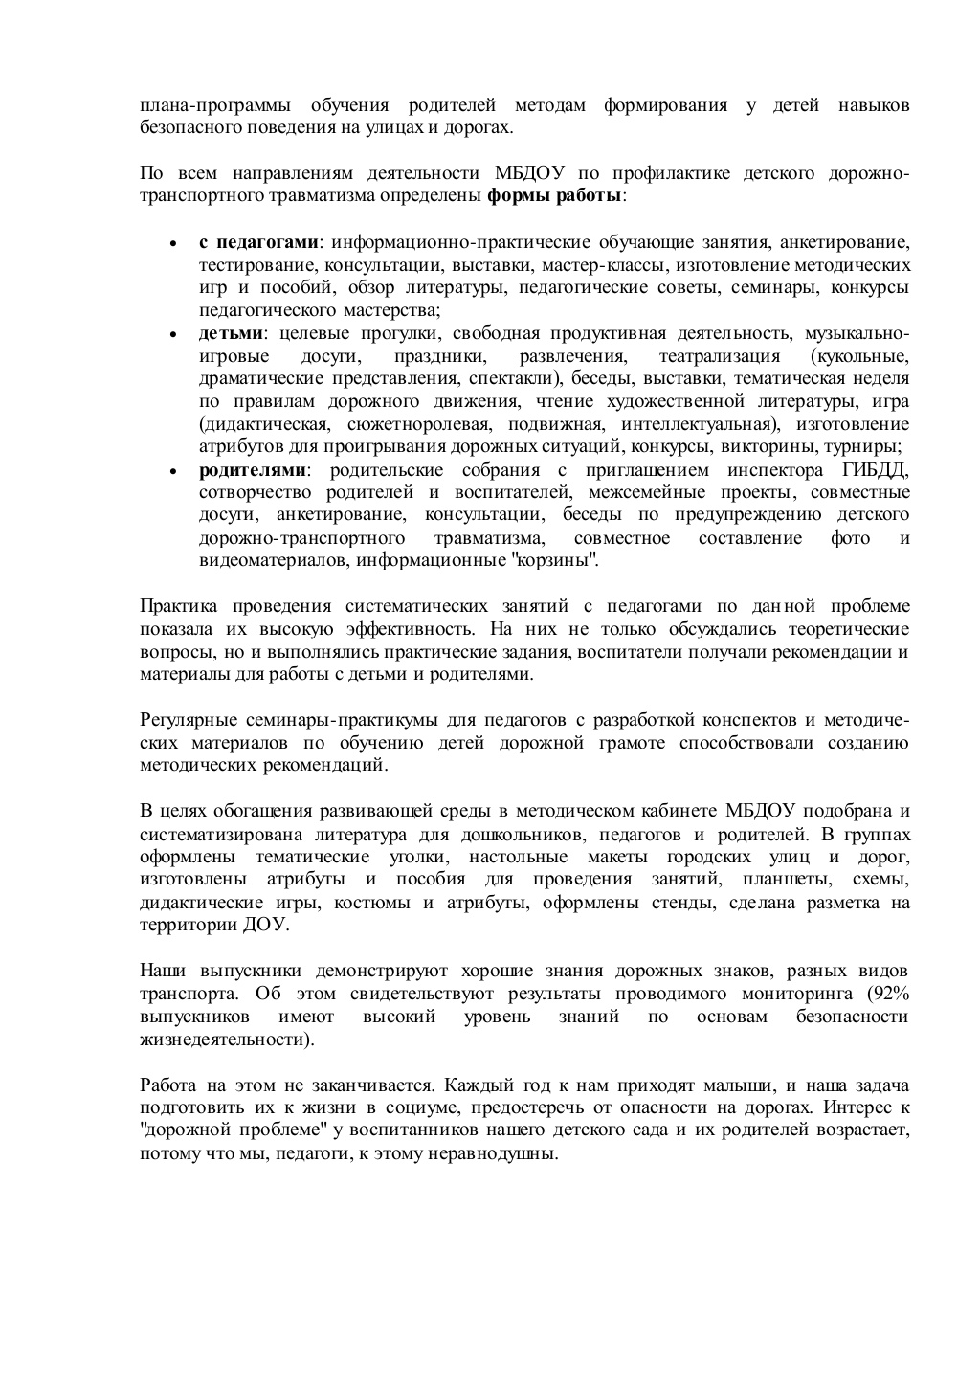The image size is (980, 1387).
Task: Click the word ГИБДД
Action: pos(876,470)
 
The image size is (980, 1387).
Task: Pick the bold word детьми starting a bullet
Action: pos(231,333)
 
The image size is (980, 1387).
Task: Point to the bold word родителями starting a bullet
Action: pos(254,470)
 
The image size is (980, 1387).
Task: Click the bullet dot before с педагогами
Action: pos(173,243)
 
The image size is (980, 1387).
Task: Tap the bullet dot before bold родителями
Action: pos(173,472)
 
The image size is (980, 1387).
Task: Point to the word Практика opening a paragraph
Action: pos(178,606)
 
